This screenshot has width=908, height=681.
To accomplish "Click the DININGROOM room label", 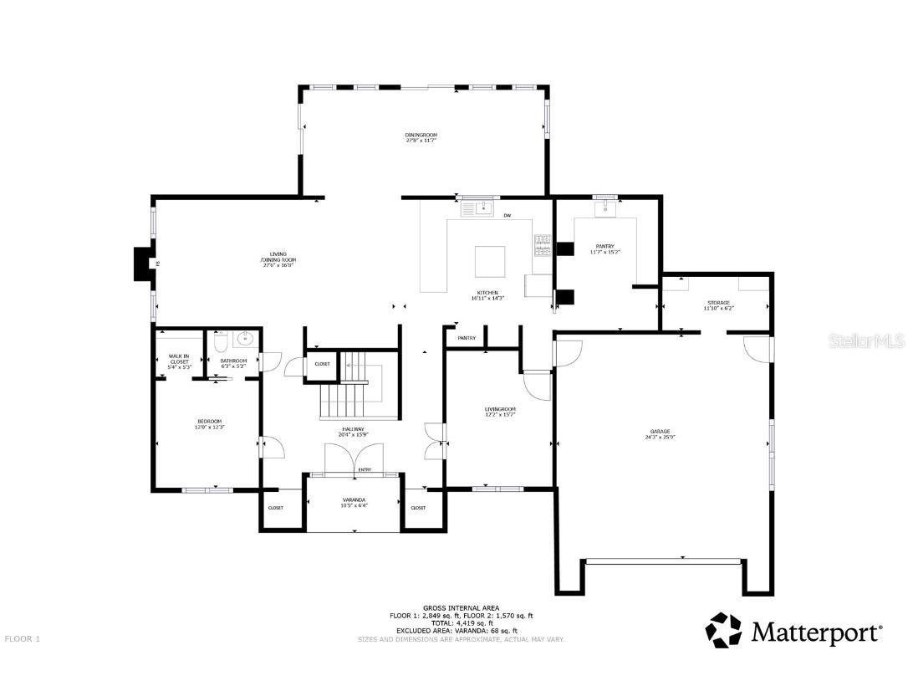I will pos(421,135).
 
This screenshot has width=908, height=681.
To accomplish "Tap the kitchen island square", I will pos(490,260).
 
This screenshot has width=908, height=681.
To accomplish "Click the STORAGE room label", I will pos(717,303).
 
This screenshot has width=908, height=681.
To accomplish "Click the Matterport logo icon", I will pos(724,631).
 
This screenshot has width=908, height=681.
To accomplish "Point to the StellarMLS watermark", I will pos(869,341).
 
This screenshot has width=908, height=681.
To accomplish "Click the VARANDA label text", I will pos(354,499).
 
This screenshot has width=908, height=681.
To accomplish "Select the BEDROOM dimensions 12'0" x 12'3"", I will pos(209,428).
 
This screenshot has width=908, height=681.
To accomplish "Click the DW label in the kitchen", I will pos(507,216).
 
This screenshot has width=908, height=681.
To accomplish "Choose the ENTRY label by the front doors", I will pos(365,470).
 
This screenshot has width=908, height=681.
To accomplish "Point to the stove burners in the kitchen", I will pos(542,243).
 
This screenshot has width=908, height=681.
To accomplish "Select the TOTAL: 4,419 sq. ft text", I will pos(461,623).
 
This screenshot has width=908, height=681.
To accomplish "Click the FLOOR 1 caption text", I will pos(23,638).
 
